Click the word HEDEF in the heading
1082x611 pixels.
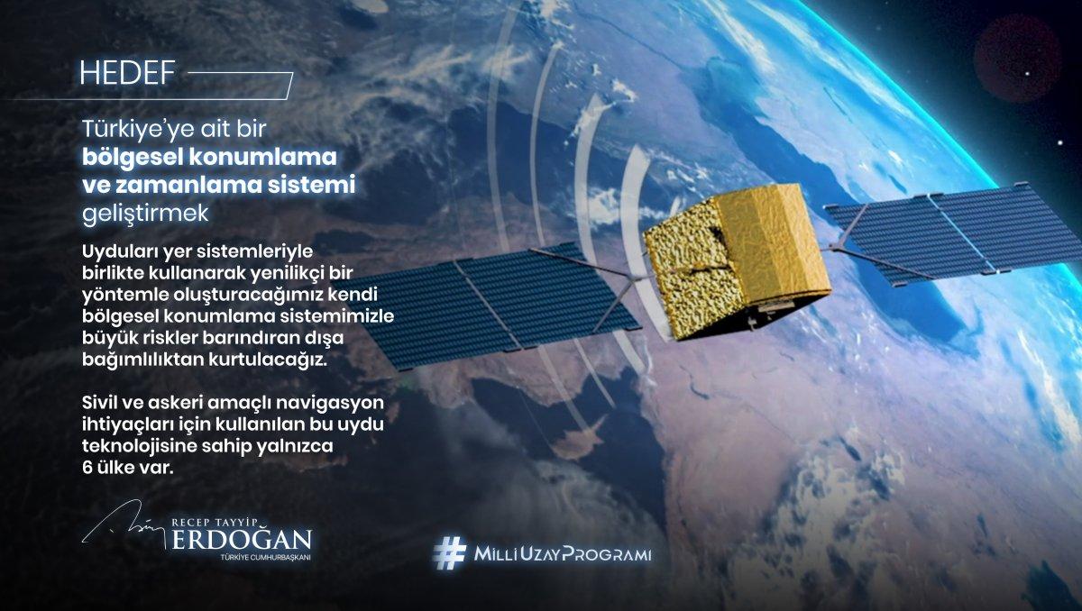click(127, 73)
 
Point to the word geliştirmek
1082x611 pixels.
click(145, 214)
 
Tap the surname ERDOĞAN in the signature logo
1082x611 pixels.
click(242, 540)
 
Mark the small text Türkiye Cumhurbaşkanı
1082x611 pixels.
click(265, 558)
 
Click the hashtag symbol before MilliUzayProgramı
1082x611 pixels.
click(449, 553)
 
